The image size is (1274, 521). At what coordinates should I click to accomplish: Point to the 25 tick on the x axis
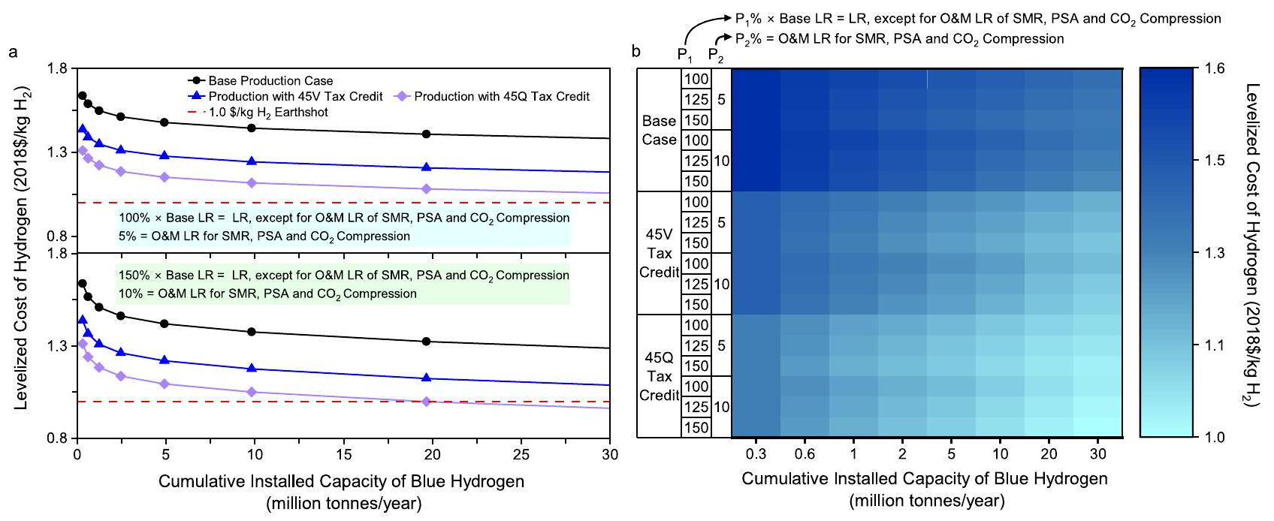(521, 454)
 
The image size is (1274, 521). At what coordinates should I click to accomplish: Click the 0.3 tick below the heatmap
(756, 453)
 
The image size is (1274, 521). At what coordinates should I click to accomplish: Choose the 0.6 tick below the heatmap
(805, 453)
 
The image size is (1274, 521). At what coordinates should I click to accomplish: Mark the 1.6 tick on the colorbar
(1215, 68)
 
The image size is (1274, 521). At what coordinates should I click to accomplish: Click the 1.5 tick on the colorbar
(1215, 161)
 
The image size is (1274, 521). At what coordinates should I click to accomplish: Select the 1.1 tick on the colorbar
(1215, 345)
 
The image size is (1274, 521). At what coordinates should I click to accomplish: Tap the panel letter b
(636, 52)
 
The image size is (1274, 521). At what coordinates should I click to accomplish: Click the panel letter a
(13, 52)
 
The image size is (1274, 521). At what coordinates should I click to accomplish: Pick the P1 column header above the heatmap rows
(685, 56)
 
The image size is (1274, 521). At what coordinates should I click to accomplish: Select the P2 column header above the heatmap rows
(716, 56)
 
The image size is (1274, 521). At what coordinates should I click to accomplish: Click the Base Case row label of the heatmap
(659, 130)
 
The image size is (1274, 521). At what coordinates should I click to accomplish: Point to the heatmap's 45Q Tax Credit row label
(659, 376)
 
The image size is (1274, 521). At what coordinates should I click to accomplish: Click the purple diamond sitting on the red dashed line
(427, 402)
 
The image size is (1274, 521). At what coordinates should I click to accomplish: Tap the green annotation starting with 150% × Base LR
(343, 285)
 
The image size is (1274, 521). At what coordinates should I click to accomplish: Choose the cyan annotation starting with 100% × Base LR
(343, 227)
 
